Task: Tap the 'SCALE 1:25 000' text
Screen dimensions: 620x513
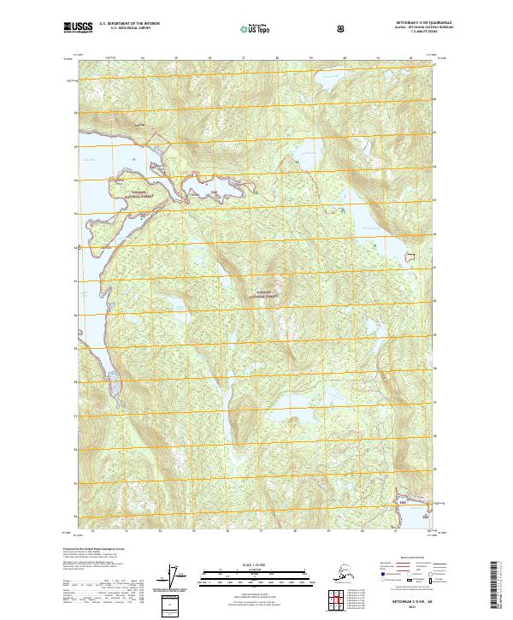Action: pos(256,564)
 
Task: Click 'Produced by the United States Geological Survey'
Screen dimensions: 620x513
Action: pos(94,549)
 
